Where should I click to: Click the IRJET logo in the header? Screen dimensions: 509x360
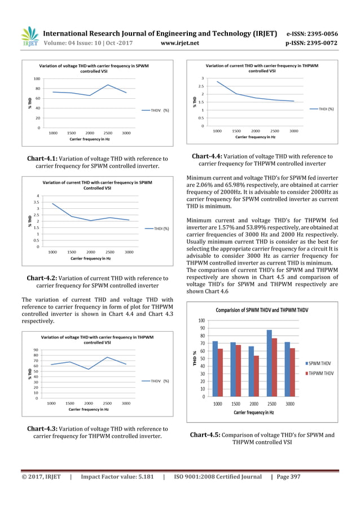[29, 35]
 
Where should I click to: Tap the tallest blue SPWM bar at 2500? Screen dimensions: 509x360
[269, 362]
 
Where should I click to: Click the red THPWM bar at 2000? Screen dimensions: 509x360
[257, 375]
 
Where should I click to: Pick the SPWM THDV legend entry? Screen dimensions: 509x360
[319, 363]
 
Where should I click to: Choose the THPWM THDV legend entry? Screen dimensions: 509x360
[321, 374]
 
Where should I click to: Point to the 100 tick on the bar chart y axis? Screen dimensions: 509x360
[201, 320]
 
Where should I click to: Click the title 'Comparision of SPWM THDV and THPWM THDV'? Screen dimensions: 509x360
[262, 310]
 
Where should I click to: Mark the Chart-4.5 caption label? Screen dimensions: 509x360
[205, 435]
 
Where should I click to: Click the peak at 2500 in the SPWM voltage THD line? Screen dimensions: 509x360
[108, 85]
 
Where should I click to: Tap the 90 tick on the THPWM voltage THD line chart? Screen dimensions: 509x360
[36, 350]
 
